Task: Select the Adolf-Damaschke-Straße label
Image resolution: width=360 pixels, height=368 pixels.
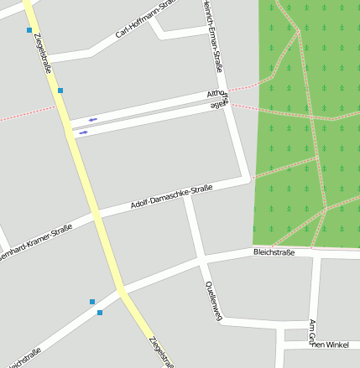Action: point(171,198)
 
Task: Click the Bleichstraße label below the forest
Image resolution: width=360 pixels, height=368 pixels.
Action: point(274,252)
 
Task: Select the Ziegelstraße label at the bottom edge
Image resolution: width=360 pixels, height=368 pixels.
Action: point(161,352)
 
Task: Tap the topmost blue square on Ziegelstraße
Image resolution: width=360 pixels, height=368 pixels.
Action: point(30,30)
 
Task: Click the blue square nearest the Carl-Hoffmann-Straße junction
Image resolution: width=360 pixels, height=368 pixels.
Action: point(60,90)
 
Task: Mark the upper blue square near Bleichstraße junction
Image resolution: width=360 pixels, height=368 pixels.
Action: point(92,302)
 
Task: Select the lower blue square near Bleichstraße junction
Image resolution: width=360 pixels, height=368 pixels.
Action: point(100,313)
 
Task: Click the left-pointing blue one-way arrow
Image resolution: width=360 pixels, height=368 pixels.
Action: point(92,120)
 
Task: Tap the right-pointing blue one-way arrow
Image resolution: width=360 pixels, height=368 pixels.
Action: point(83,132)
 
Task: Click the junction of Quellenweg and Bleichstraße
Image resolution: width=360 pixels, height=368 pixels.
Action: point(201,260)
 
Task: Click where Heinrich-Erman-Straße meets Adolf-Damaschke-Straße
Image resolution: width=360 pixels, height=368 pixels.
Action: point(248,178)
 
